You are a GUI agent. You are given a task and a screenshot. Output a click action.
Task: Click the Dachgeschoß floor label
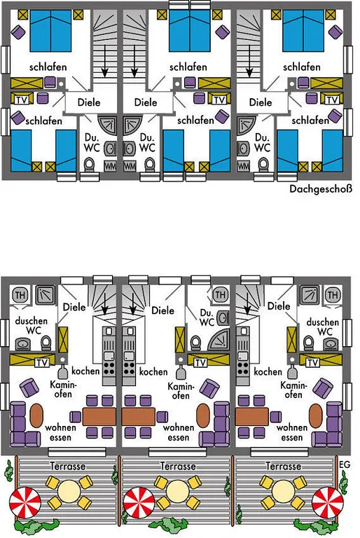(321, 189)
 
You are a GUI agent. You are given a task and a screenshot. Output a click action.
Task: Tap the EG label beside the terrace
(345, 464)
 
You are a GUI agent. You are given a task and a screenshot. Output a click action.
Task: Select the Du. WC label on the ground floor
(207, 318)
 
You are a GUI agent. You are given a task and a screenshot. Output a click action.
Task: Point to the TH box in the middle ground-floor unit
(220, 294)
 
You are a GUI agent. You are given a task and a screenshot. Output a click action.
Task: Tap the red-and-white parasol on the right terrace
(327, 502)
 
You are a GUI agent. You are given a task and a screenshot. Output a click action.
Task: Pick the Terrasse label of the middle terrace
(178, 467)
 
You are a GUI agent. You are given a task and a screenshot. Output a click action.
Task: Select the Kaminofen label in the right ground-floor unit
(293, 390)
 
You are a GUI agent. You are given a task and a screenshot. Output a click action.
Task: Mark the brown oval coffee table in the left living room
(36, 415)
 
